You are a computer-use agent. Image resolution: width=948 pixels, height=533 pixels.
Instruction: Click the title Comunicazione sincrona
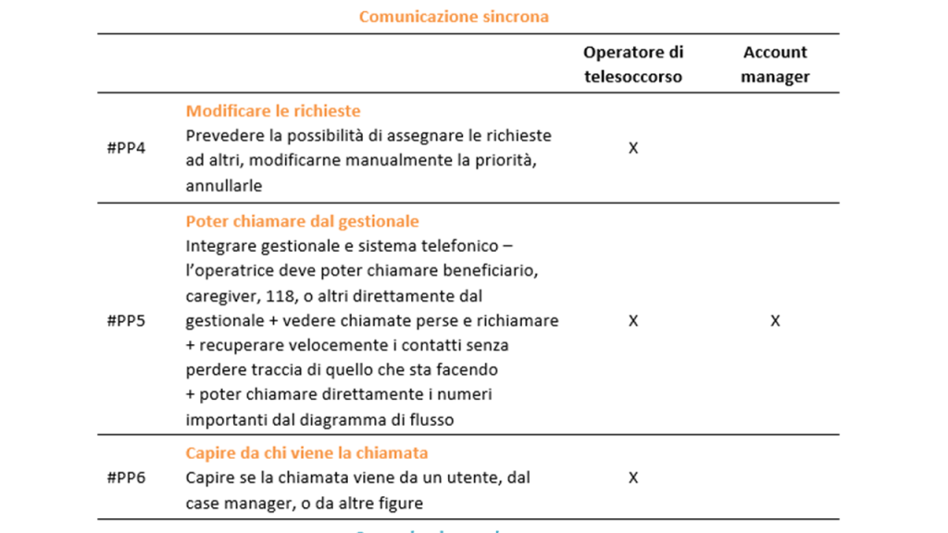(454, 17)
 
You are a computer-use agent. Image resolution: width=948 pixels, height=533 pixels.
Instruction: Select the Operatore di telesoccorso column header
(633, 65)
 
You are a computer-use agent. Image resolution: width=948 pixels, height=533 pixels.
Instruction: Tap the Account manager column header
(775, 65)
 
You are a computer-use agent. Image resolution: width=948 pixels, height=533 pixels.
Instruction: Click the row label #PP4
(126, 148)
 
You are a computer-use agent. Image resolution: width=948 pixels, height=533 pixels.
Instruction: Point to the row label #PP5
(126, 320)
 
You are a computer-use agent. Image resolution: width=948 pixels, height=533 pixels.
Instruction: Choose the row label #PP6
(126, 477)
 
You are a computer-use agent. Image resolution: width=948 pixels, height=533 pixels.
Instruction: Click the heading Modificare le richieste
(273, 111)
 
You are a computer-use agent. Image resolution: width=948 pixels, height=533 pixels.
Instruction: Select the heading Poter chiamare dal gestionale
(302, 221)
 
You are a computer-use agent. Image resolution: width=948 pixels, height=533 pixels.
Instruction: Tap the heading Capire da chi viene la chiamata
(306, 453)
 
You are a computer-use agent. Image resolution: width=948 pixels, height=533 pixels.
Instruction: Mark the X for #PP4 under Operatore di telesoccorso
(633, 148)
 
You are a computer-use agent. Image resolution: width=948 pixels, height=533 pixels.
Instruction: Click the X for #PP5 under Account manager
(775, 320)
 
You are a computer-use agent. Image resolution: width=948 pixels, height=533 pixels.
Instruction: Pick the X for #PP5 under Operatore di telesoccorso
(633, 320)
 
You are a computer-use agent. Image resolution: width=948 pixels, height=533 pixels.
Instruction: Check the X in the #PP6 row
(633, 477)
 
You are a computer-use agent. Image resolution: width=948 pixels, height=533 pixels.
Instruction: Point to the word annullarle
(224, 186)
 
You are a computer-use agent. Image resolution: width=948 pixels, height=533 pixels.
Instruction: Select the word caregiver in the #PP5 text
(221, 296)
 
